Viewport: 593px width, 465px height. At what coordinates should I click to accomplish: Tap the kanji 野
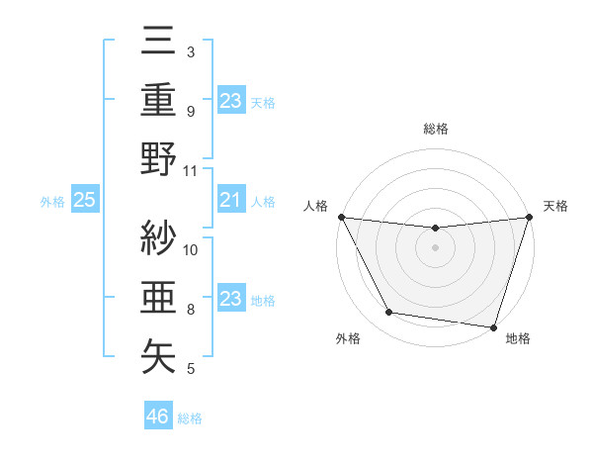159,158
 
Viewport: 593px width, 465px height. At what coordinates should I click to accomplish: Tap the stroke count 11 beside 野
191,170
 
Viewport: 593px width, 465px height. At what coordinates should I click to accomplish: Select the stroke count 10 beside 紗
191,249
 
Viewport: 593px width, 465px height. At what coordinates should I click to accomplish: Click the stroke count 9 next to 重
190,111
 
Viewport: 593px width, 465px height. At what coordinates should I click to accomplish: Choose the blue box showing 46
158,417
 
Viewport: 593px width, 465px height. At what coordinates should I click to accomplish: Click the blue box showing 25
85,201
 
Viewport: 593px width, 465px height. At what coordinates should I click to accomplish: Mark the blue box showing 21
230,201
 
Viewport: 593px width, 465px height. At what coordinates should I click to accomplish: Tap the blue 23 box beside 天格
230,100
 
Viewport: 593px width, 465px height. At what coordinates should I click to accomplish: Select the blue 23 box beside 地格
230,300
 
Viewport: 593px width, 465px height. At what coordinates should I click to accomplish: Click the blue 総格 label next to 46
190,418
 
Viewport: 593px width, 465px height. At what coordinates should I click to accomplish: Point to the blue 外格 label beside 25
52,202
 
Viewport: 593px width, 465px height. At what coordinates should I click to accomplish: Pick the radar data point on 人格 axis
341,217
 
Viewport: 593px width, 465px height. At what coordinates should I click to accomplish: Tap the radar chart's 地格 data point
493,326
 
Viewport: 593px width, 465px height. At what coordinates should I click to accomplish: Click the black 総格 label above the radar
435,129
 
